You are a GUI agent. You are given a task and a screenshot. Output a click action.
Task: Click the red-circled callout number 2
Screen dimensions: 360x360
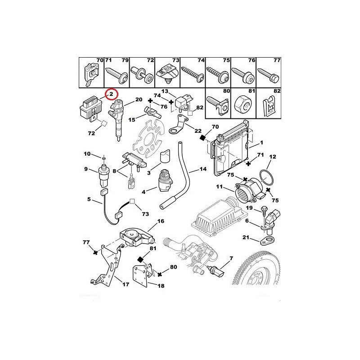pos(111,95)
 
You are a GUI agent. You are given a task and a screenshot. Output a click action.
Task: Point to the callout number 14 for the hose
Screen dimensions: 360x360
pos(203,171)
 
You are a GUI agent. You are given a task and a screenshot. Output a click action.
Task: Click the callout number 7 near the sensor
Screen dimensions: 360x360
pos(231,259)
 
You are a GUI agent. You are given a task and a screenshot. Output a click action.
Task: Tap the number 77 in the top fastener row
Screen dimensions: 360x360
pos(277,60)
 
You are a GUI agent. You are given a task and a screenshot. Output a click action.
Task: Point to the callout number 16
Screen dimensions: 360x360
pos(160,221)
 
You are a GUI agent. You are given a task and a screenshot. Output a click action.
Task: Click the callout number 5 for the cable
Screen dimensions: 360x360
pos(89,199)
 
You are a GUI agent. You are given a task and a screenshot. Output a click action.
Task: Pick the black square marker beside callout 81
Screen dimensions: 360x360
pos(140,259)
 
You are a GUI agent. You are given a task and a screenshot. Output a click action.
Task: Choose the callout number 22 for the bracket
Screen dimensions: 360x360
pos(198,130)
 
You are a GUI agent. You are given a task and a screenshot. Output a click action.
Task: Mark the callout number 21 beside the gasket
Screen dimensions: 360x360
pos(246,237)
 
